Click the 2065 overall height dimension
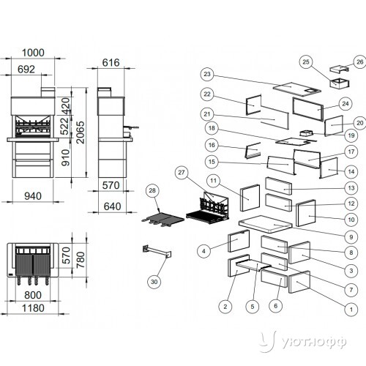point(80,132)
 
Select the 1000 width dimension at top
point(33,53)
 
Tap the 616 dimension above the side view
point(111,63)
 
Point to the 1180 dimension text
point(33,308)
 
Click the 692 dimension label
point(26,70)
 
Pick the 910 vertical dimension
point(65,158)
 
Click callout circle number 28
point(152,190)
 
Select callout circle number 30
point(154,282)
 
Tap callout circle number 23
point(207,74)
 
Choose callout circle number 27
point(182,173)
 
